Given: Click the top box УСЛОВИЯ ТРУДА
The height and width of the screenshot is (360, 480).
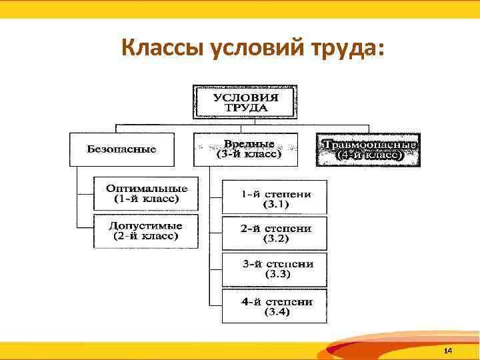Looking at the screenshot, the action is (245, 102).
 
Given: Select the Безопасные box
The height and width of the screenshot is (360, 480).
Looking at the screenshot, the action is (122, 149).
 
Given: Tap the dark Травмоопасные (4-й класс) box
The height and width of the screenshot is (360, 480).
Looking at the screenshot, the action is (369, 150).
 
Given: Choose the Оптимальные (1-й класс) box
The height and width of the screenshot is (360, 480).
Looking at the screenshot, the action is (146, 193).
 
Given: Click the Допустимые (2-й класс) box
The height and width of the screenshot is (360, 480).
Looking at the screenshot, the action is (146, 231).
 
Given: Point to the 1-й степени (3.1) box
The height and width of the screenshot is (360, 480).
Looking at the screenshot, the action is (275, 198).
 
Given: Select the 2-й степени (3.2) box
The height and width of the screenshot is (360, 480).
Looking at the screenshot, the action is (275, 233).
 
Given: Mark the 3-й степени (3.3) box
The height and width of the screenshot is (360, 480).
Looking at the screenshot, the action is (275, 269).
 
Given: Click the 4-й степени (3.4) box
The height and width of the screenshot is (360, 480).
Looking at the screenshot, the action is (275, 306).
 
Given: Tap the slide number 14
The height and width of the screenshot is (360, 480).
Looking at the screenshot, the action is (448, 351).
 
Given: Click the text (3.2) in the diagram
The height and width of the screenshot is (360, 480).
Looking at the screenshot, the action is (275, 239).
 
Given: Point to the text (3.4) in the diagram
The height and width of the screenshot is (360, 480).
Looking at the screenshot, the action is (277, 312).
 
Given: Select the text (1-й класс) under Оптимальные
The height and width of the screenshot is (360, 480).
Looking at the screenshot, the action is (146, 199).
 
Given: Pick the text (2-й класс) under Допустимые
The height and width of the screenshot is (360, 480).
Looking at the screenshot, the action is (146, 236).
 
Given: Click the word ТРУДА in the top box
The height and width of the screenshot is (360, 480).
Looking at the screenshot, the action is (245, 107).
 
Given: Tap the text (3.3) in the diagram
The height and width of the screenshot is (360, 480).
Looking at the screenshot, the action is (277, 275).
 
